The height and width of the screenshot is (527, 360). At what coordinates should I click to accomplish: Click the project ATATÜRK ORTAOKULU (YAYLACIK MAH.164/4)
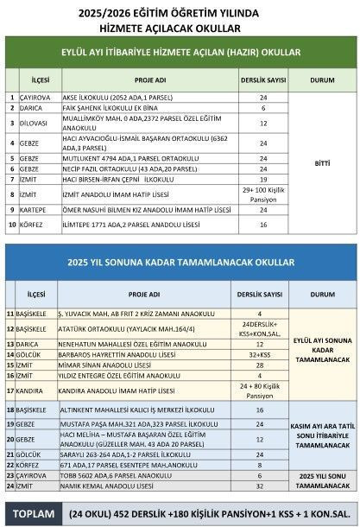113,329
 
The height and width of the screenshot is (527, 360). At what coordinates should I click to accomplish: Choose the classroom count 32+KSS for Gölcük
261,353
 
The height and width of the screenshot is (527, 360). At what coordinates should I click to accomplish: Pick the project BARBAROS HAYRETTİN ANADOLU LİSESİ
111,353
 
